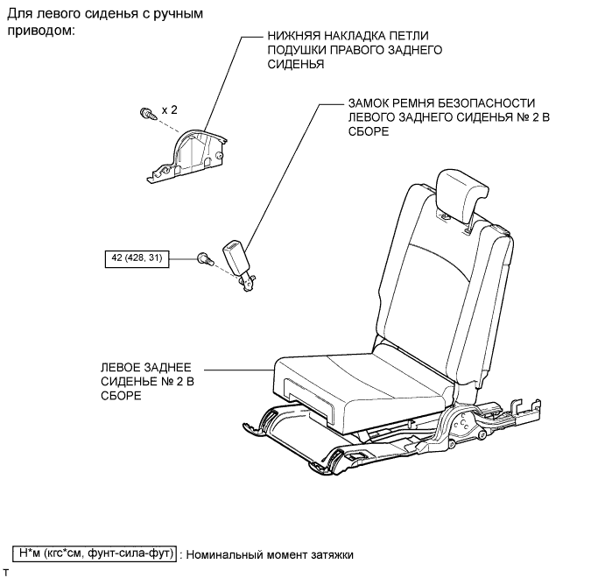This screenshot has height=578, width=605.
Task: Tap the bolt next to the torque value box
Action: tap(204, 257)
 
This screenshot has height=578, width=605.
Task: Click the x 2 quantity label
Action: tap(169, 110)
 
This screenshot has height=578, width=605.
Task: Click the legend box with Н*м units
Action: tap(95, 554)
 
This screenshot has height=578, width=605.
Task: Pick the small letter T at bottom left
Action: tap(5, 570)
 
